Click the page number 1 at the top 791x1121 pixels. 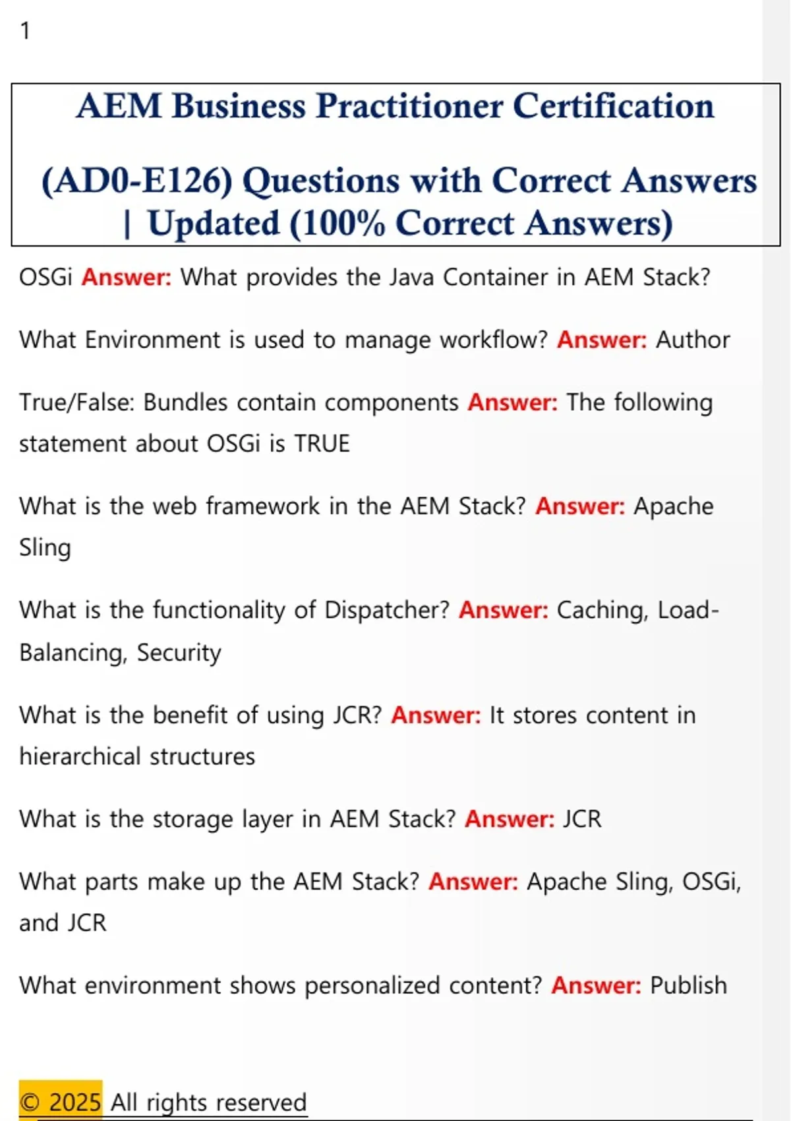[x=25, y=31]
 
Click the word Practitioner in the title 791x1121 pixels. [x=409, y=106]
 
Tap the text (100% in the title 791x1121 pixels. [x=337, y=223]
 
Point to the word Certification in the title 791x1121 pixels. [x=614, y=106]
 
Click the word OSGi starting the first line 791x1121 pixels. [x=45, y=277]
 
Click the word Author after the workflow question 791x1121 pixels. [x=693, y=340]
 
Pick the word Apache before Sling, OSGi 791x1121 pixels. [x=567, y=882]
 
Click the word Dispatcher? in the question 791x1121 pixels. [x=387, y=611]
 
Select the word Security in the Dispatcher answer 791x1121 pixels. [x=179, y=653]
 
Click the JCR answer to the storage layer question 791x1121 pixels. [x=582, y=819]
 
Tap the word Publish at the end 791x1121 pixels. [x=688, y=985]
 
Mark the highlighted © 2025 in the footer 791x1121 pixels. [x=61, y=1103]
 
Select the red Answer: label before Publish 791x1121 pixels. [x=597, y=985]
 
